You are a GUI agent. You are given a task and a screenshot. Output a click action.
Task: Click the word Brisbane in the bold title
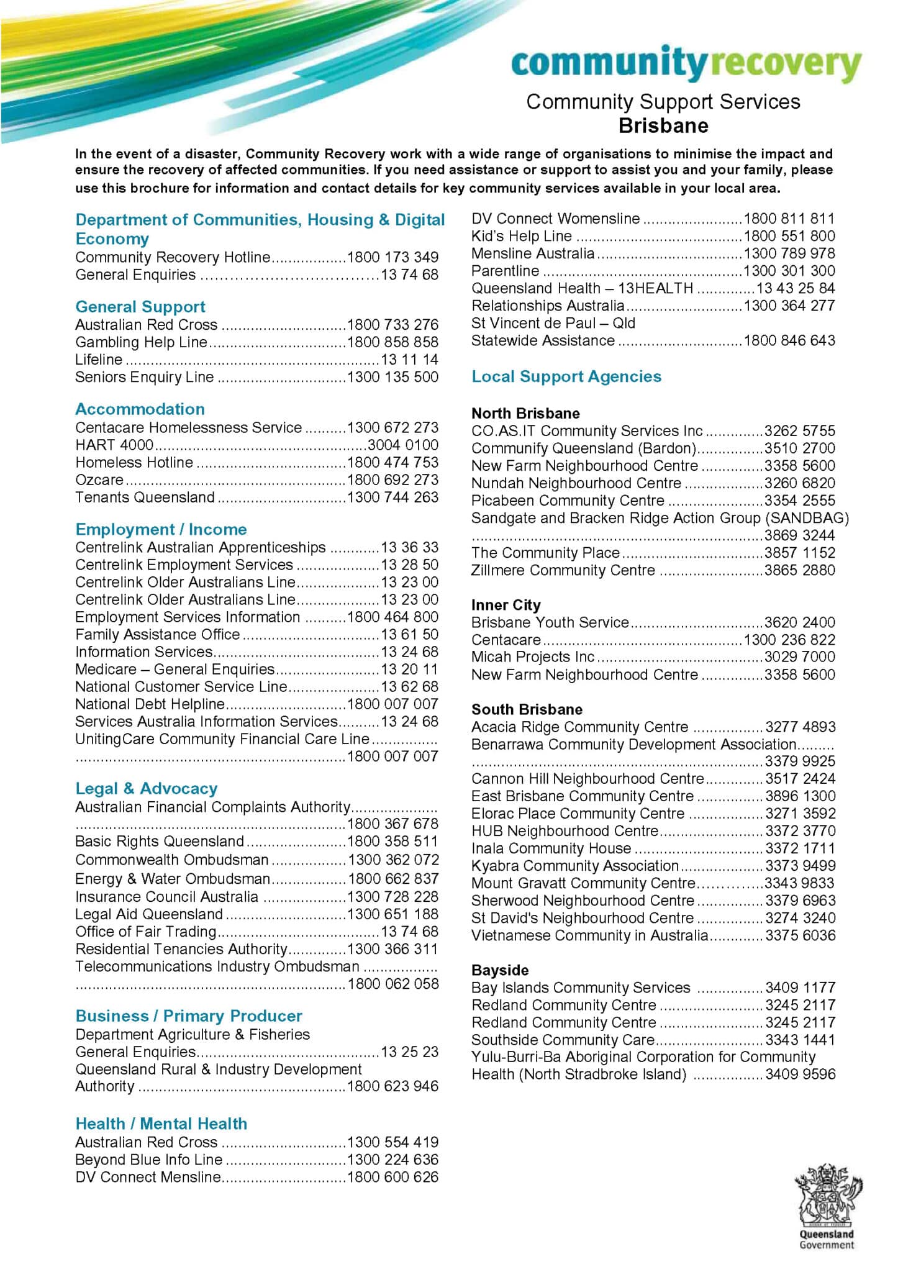point(663,126)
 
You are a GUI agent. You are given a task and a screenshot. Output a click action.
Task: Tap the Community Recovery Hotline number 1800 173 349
point(392,257)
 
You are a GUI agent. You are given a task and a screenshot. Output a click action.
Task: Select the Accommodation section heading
point(140,409)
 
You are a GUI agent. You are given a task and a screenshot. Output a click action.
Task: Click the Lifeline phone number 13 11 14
point(409,360)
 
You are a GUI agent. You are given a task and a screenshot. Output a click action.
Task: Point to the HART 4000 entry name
point(114,445)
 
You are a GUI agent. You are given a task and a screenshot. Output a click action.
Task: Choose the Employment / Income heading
point(161,530)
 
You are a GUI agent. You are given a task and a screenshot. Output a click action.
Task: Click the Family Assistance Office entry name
point(157,635)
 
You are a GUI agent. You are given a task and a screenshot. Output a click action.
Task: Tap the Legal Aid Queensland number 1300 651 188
point(392,914)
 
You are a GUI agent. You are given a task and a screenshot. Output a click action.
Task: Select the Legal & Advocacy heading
point(146,789)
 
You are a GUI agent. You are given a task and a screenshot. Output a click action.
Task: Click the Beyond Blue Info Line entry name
point(148,1160)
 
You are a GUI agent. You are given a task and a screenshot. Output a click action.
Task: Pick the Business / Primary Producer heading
point(188,1016)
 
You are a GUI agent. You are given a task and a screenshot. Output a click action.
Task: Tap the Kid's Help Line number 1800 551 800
point(789,236)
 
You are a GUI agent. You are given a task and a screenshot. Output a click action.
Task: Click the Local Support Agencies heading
point(566,376)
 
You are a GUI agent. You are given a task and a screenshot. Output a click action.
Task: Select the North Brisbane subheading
point(525,414)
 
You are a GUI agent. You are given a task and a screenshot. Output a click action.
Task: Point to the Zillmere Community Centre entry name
point(563,570)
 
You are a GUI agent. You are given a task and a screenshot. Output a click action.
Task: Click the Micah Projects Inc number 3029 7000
point(799,657)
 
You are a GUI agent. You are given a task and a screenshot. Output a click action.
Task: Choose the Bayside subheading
point(500,970)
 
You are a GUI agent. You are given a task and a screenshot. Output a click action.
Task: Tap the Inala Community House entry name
point(551,848)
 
